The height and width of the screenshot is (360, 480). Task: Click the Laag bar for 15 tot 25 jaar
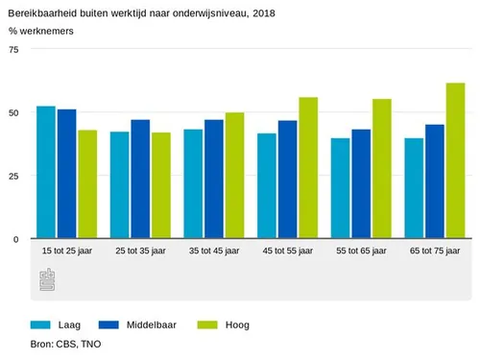tap(45, 173)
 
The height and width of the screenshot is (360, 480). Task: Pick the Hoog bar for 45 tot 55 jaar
tap(308, 168)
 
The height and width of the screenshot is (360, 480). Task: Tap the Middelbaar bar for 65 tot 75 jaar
tap(434, 182)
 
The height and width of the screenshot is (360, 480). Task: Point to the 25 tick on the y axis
tap(12, 176)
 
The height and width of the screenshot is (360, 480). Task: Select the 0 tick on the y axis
tap(14, 239)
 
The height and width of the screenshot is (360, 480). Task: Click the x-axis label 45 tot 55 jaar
tap(287, 251)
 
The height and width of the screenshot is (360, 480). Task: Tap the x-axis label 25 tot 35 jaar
tap(140, 251)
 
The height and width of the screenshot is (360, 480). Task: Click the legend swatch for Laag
tap(41, 324)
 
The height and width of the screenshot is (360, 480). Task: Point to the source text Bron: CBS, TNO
tap(66, 344)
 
